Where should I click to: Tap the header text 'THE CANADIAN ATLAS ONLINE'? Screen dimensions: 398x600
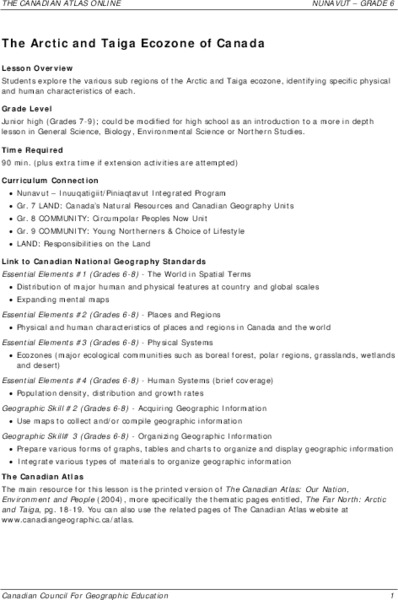61,7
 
